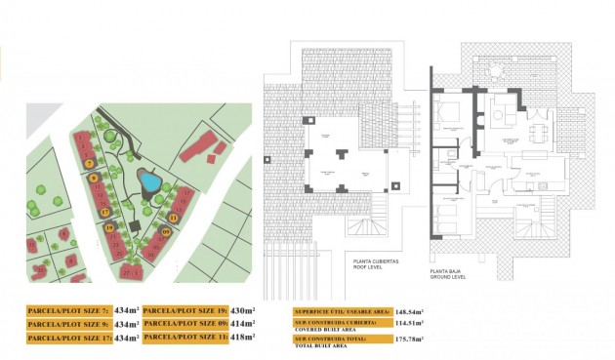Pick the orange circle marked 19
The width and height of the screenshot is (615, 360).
coord(110,229)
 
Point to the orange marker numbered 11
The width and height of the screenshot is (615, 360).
coord(173,217)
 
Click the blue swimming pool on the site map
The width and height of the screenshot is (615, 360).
coord(148,180)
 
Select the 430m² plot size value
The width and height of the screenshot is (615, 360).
coord(241,309)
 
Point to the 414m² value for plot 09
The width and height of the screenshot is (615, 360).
coord(241,323)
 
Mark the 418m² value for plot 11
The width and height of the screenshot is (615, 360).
coord(241,337)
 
